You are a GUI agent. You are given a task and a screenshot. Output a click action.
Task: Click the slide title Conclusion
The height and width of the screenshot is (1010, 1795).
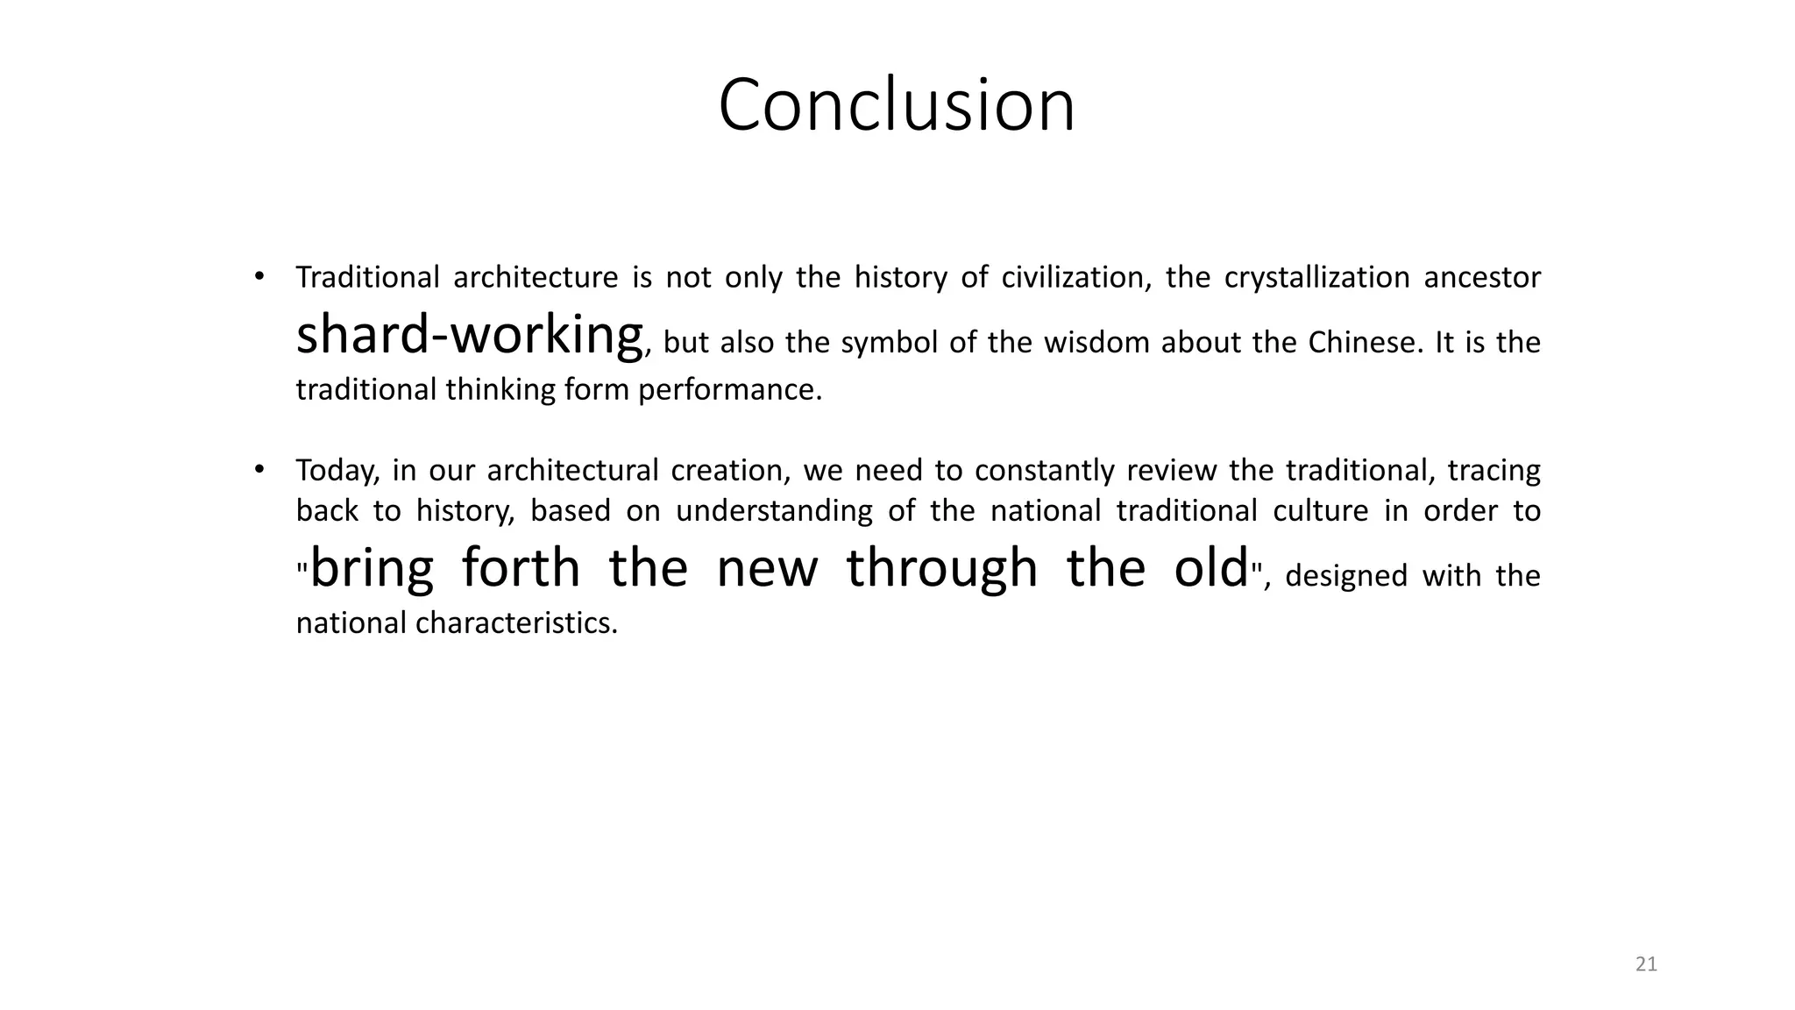pos(897,105)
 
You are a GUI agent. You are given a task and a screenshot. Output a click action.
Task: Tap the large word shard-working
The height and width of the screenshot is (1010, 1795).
pos(470,335)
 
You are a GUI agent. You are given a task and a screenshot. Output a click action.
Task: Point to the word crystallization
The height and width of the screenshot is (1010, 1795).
pos(1316,277)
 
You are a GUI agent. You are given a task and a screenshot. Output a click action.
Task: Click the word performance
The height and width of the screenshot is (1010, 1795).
pos(729,389)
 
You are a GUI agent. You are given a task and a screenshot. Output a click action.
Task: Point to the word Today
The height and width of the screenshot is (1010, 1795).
pos(337,471)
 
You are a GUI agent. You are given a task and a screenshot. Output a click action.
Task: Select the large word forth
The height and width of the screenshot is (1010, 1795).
pos(521,567)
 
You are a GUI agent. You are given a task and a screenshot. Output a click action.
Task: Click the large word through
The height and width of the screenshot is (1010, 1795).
pos(942,567)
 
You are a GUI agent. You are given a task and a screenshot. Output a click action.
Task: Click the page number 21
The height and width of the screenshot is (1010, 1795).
pos(1646,964)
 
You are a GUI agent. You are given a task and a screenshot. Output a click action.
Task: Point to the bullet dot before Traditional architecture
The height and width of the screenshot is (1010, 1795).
pos(259,277)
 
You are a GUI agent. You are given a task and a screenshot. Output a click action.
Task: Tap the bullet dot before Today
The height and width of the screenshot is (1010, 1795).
pos(259,471)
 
